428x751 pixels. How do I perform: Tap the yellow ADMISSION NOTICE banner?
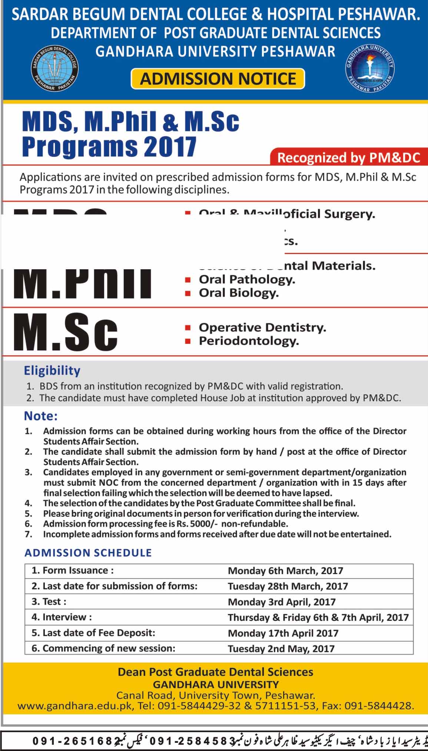(218, 79)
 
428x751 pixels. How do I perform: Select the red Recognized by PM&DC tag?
(348, 158)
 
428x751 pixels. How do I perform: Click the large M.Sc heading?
(66, 332)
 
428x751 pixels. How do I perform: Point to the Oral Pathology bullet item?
(247, 280)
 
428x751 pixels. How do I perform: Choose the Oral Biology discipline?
(239, 293)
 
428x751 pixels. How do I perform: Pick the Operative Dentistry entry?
(262, 327)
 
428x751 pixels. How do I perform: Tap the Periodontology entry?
(249, 341)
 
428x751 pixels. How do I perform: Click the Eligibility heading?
(52, 370)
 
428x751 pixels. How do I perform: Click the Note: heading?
(41, 416)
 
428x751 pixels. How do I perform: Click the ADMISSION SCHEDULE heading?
(88, 553)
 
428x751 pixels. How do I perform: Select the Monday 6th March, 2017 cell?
(285, 570)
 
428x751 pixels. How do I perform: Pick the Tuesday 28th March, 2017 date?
(288, 586)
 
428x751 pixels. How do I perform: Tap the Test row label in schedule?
(49, 602)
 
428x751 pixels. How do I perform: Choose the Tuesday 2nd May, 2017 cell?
(281, 648)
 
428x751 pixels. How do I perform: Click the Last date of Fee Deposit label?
(93, 633)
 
